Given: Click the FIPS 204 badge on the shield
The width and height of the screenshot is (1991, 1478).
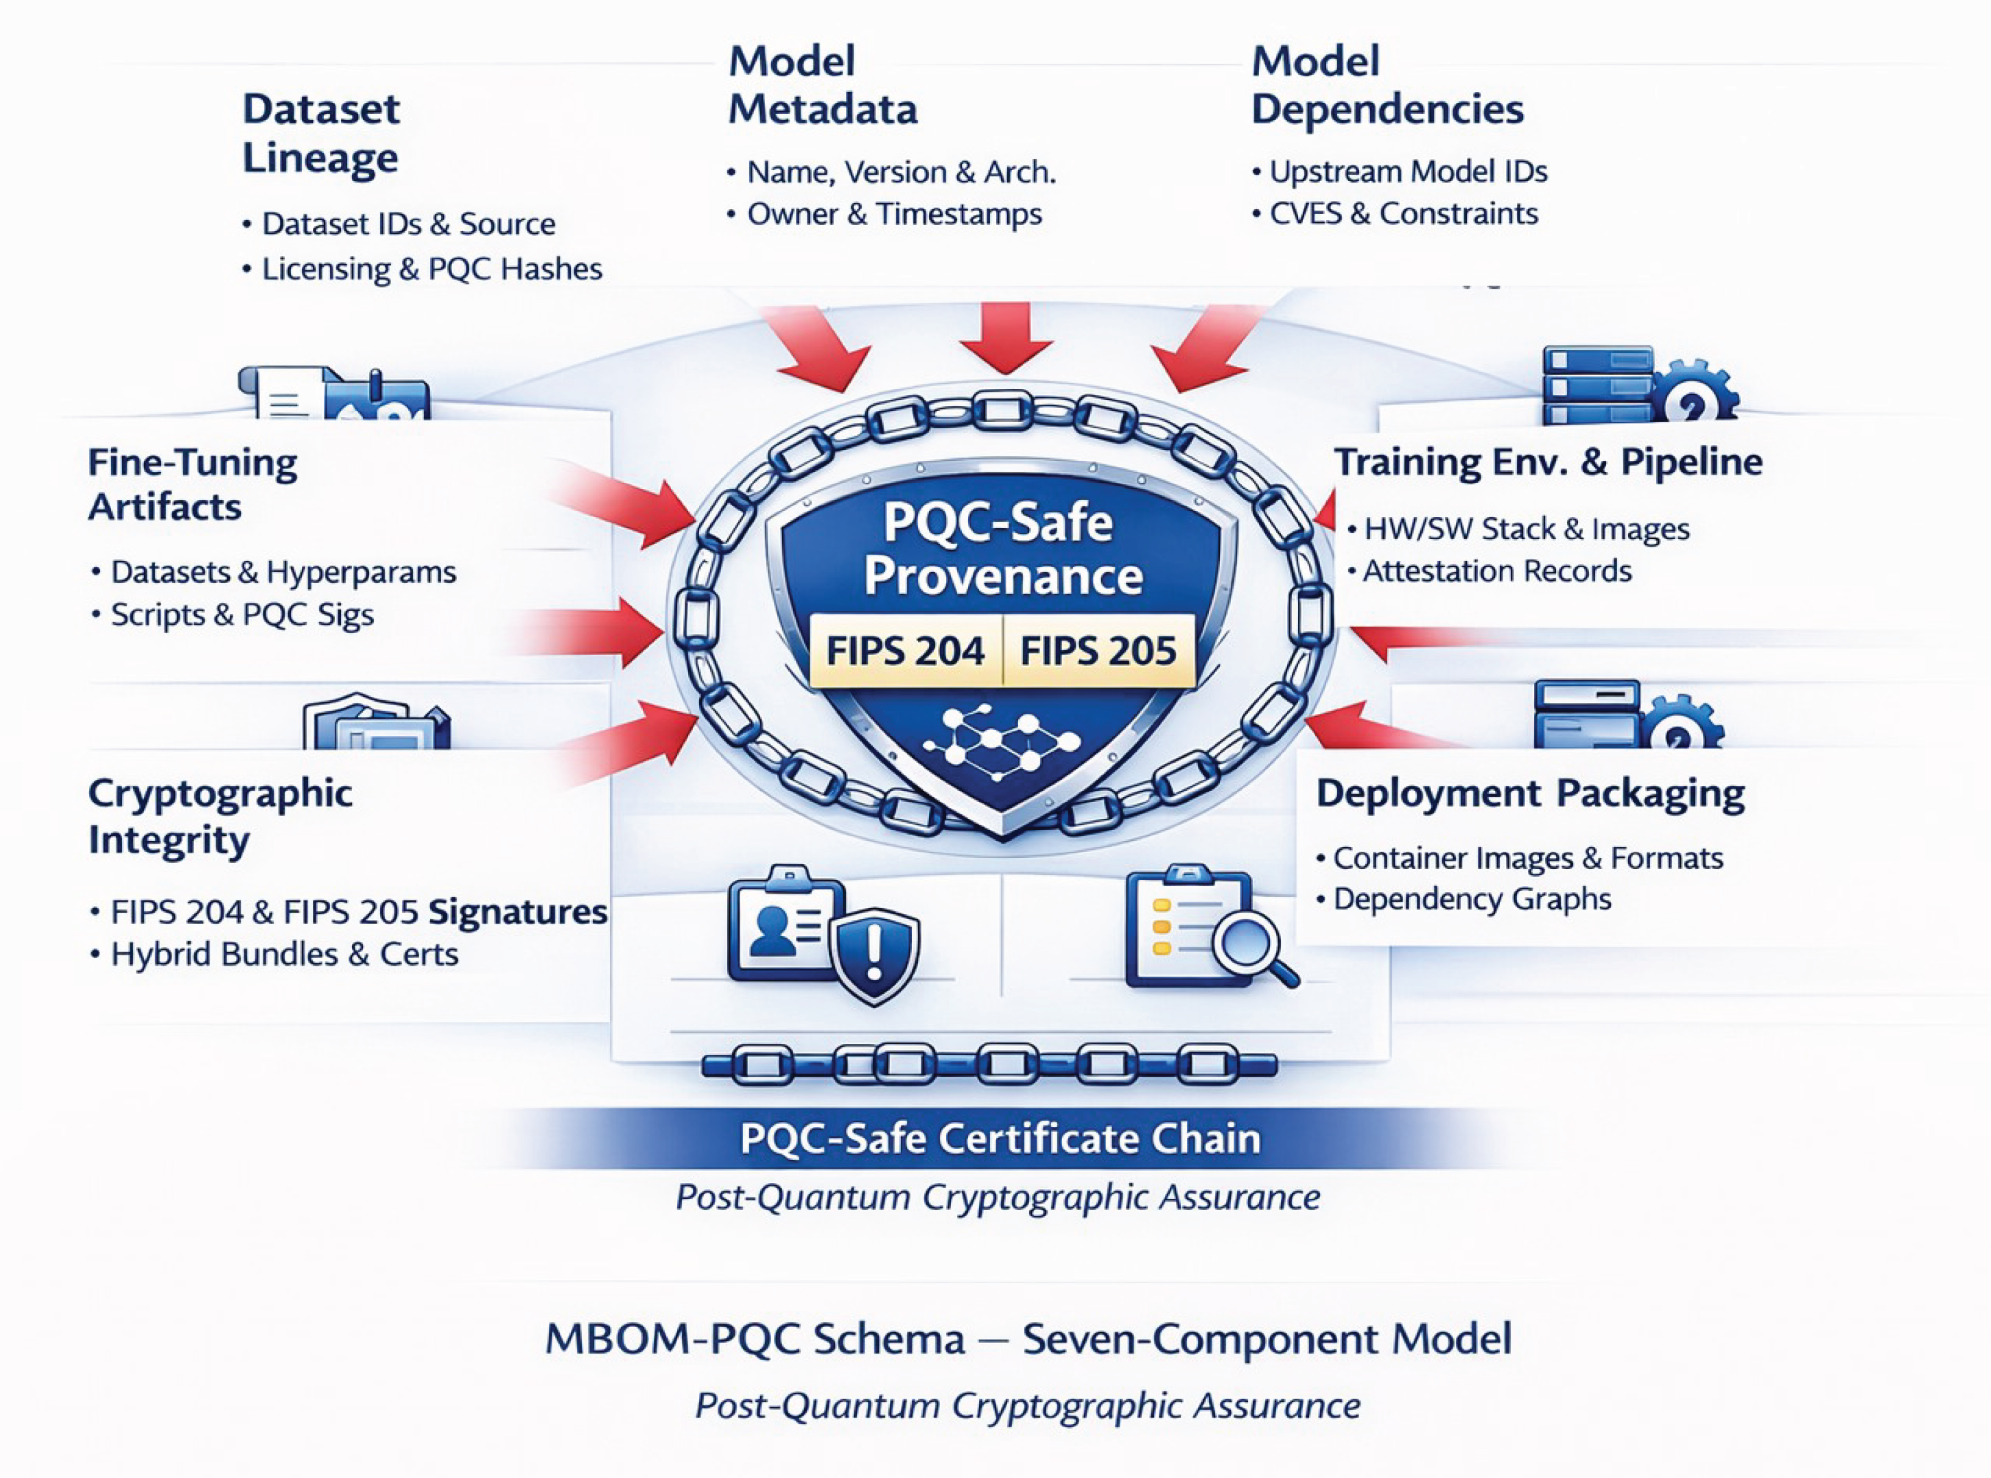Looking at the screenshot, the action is pyautogui.click(x=905, y=650).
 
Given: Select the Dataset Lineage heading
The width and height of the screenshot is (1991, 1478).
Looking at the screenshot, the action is pyautogui.click(x=321, y=133).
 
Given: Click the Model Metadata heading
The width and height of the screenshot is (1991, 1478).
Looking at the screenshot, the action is pyautogui.click(x=823, y=85).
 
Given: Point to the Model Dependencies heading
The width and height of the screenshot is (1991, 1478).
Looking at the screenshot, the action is pyautogui.click(x=1387, y=85).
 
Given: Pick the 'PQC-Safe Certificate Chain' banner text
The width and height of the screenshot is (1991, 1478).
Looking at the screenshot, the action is pyautogui.click(x=1000, y=1138).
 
